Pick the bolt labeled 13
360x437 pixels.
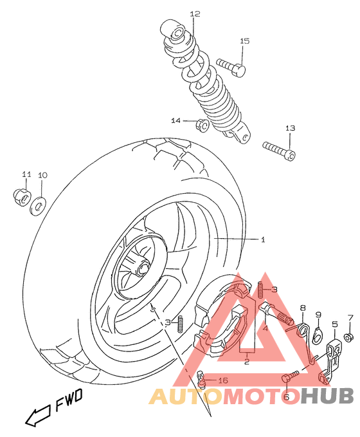[279, 149]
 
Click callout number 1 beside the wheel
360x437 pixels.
[262, 240]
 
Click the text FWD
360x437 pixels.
[69, 403]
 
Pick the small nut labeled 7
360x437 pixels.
[348, 338]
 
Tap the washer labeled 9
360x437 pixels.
[316, 333]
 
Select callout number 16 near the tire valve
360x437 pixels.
[223, 380]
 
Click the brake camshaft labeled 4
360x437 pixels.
[277, 313]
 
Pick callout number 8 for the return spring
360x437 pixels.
[302, 308]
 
